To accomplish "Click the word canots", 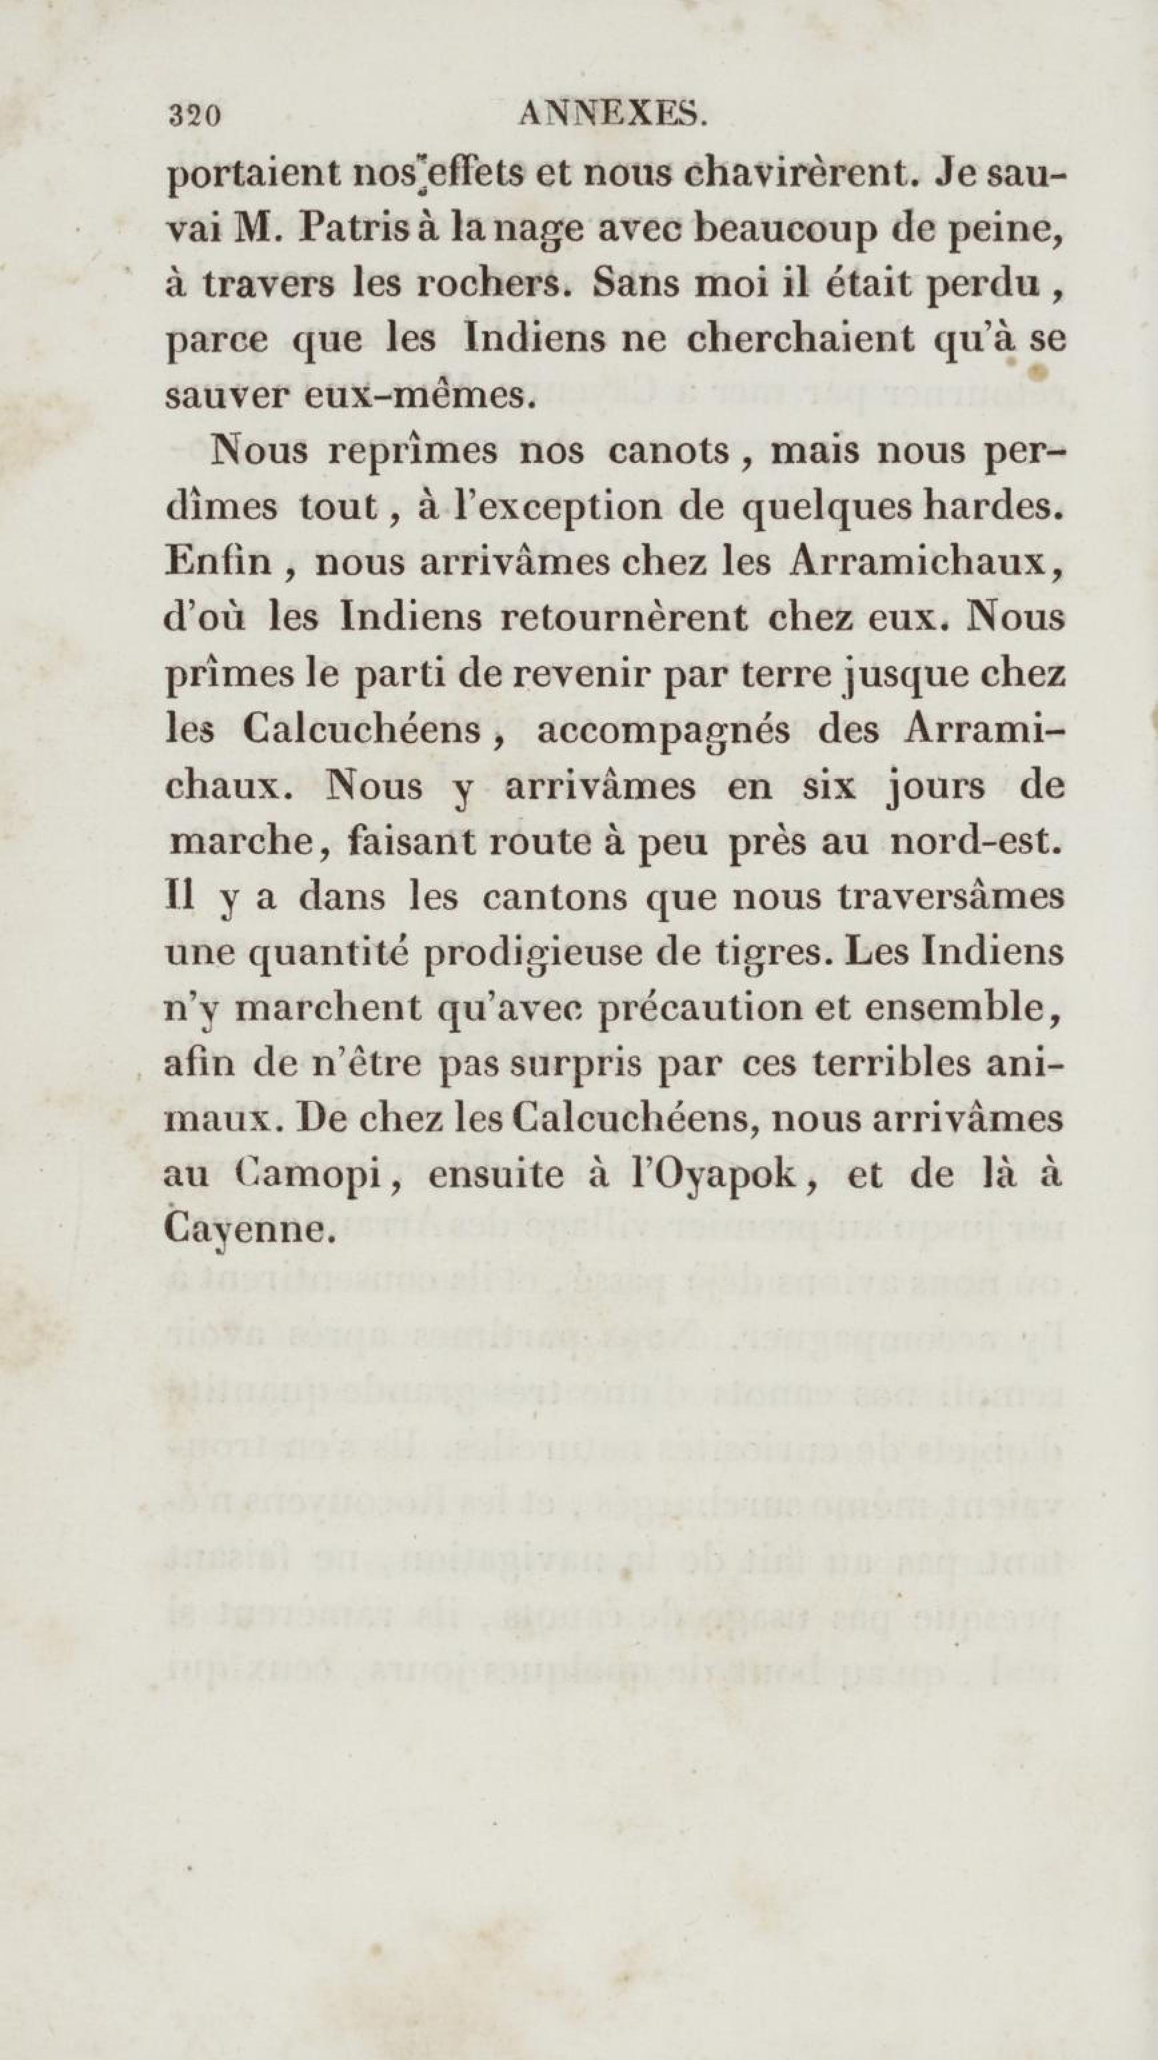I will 668,452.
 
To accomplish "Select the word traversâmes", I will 950,897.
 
